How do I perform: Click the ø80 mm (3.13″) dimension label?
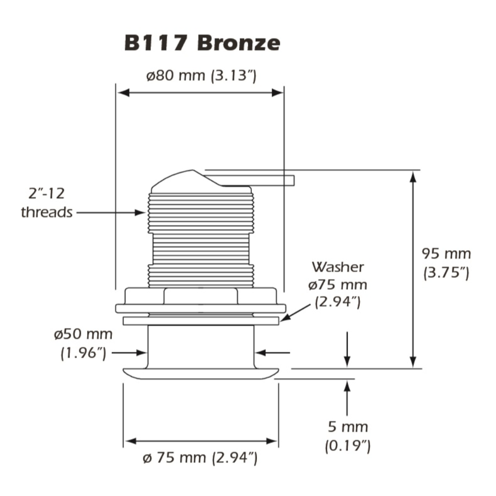pos(201,76)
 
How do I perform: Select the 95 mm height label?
pos(446,254)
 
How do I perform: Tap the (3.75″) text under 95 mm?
pos(446,273)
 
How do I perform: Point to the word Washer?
pos(338,267)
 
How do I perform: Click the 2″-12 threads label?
pos(46,203)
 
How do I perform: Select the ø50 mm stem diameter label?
pos(83,334)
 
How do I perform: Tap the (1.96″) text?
pos(83,353)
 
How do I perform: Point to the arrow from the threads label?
pos(110,212)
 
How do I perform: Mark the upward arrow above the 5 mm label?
pos(347,397)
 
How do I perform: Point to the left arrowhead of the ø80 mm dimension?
pos(122,93)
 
